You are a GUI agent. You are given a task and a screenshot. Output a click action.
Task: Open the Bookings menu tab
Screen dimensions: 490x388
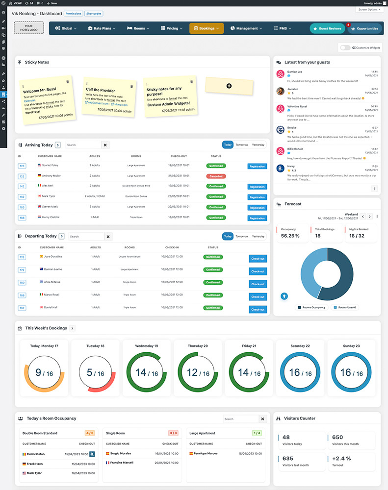[207, 28]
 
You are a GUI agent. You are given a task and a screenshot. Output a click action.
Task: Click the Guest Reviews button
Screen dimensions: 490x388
[327, 28]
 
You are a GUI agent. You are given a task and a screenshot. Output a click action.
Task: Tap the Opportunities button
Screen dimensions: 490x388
[364, 28]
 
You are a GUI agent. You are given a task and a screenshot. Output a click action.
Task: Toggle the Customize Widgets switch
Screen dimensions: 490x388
[345, 48]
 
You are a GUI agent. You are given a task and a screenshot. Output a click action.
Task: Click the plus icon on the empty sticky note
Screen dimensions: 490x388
[229, 86]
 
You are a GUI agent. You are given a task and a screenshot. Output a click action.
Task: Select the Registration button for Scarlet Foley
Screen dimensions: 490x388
[257, 166]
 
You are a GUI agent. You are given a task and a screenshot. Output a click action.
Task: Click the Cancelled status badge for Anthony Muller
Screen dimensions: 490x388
[216, 176]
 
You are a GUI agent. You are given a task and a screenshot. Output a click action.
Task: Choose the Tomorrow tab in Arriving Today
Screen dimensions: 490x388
[241, 145]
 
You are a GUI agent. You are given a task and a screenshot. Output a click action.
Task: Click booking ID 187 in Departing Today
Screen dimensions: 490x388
[22, 308]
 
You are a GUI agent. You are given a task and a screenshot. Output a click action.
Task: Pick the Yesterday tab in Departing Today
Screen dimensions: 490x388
[258, 236]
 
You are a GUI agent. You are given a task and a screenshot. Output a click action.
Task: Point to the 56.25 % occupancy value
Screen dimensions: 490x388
[290, 236]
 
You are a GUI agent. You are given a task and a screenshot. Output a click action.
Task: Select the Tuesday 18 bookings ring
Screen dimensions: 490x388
[96, 373]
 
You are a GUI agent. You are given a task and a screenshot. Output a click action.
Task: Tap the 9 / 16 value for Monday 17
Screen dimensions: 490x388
[43, 373]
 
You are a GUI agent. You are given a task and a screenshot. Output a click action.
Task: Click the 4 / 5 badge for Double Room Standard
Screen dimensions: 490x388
[89, 433]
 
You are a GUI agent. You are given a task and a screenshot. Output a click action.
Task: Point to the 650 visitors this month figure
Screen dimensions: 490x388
[337, 438]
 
